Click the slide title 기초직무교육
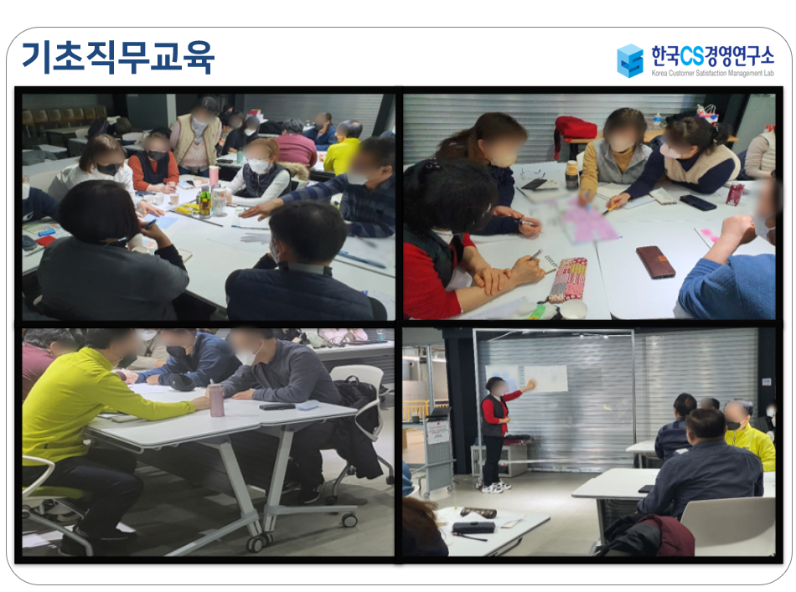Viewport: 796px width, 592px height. point(118,57)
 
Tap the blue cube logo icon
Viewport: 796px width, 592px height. point(630,60)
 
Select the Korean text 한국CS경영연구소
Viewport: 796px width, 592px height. point(713,56)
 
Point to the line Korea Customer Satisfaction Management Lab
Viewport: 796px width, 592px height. point(713,73)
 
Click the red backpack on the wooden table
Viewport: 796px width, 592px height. point(576,130)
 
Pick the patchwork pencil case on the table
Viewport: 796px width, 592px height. point(567,279)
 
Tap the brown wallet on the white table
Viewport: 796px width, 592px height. point(655,261)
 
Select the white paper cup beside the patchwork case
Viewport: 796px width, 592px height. point(573,309)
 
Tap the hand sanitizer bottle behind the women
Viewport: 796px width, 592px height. point(658,120)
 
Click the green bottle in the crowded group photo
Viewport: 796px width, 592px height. point(204,202)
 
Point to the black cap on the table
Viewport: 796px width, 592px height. point(181,381)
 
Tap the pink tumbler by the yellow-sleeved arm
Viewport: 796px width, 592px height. point(217,399)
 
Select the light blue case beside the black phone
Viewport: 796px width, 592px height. point(308,404)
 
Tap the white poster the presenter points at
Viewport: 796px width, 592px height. point(545,378)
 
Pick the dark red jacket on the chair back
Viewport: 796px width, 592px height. point(664,535)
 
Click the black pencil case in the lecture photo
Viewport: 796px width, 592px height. point(473,528)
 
